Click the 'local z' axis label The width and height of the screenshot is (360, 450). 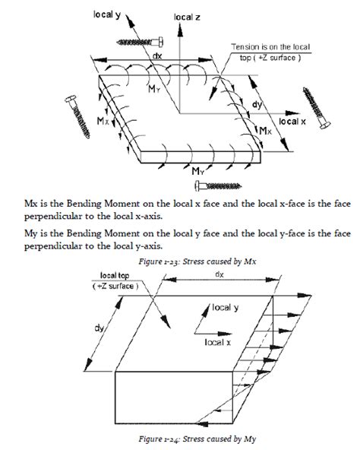(187, 17)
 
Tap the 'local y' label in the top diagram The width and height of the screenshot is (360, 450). (107, 15)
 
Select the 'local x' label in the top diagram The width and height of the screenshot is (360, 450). (292, 122)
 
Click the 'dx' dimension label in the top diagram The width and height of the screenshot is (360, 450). (157, 55)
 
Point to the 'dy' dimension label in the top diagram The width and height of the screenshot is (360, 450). (257, 104)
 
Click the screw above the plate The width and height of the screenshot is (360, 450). (140, 43)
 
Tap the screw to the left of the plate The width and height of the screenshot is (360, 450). (77, 116)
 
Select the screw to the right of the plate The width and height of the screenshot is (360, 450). (317, 108)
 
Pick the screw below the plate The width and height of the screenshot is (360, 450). (218, 185)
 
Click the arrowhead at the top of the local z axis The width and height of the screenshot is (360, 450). (180, 30)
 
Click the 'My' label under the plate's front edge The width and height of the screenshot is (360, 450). (198, 171)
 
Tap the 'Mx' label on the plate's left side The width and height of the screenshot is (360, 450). (103, 121)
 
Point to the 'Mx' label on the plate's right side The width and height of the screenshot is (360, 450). (265, 131)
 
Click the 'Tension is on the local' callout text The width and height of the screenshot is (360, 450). (270, 47)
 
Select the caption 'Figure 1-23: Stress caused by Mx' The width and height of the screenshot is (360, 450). (197, 261)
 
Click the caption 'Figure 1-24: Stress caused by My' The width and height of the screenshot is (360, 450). (197, 439)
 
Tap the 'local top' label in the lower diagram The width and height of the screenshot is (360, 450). (115, 276)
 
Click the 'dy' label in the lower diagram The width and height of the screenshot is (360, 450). (99, 328)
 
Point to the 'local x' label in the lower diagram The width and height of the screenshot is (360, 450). (218, 342)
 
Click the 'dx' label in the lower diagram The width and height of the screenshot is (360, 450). (219, 274)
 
